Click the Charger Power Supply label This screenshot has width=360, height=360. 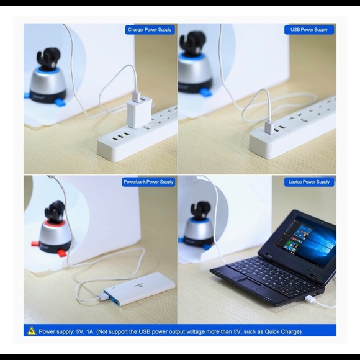[150, 30]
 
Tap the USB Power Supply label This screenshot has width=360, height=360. [309, 30]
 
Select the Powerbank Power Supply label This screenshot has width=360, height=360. [148, 182]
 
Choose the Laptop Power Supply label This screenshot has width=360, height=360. [309, 182]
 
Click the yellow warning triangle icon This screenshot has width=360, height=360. [32, 331]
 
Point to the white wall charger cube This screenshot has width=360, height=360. [139, 112]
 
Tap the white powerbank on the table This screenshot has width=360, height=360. [140, 289]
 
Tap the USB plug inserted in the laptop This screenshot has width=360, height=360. [310, 299]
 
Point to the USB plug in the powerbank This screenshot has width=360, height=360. [103, 297]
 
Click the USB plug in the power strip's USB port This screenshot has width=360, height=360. [269, 127]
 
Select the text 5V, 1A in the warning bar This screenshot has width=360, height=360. [84, 331]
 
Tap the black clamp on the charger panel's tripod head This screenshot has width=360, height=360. [48, 58]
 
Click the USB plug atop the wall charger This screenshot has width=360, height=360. [137, 96]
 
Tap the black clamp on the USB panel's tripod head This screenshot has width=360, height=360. [192, 43]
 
